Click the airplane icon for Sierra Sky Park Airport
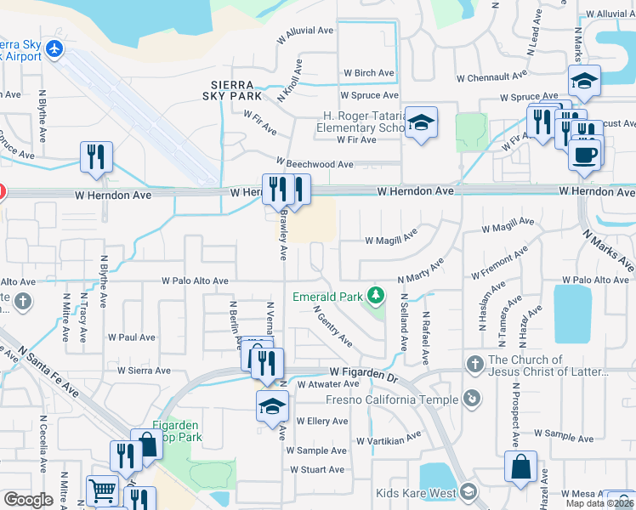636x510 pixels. [x=56, y=48]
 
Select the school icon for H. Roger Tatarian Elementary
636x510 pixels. [x=420, y=122]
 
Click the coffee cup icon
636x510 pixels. [x=585, y=155]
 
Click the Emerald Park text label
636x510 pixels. [x=327, y=297]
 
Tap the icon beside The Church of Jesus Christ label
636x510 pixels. [x=474, y=365]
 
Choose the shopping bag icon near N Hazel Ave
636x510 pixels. [x=520, y=466]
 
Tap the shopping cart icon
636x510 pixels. [x=102, y=490]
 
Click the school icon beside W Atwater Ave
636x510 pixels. [x=272, y=405]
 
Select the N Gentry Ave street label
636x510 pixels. [x=332, y=327]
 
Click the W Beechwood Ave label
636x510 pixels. [x=314, y=164]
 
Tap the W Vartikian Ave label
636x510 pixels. [x=389, y=440]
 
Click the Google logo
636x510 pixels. [x=28, y=500]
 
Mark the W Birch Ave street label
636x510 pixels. [x=368, y=73]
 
